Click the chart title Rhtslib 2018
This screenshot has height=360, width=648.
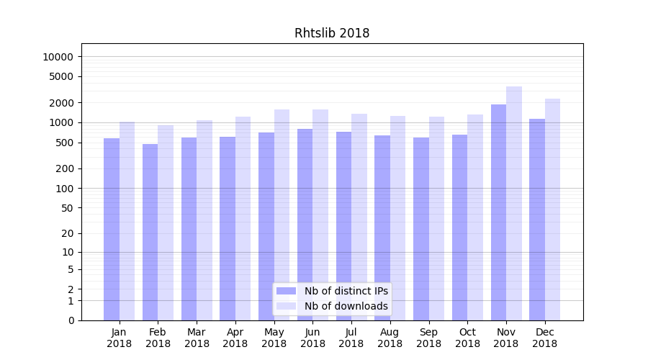coord(332,33)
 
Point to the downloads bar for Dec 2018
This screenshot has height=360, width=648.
coord(552,210)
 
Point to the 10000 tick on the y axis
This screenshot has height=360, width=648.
coord(58,57)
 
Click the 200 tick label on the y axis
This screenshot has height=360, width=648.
coord(64,168)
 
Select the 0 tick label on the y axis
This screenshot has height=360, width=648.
coord(71,320)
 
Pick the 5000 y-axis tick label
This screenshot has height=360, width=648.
coord(61,76)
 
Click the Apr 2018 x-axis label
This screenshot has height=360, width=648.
coord(235,338)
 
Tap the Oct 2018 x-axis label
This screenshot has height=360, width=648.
coord(467,338)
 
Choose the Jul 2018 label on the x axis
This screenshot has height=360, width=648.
coord(351,338)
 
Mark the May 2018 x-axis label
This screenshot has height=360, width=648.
coord(274,338)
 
